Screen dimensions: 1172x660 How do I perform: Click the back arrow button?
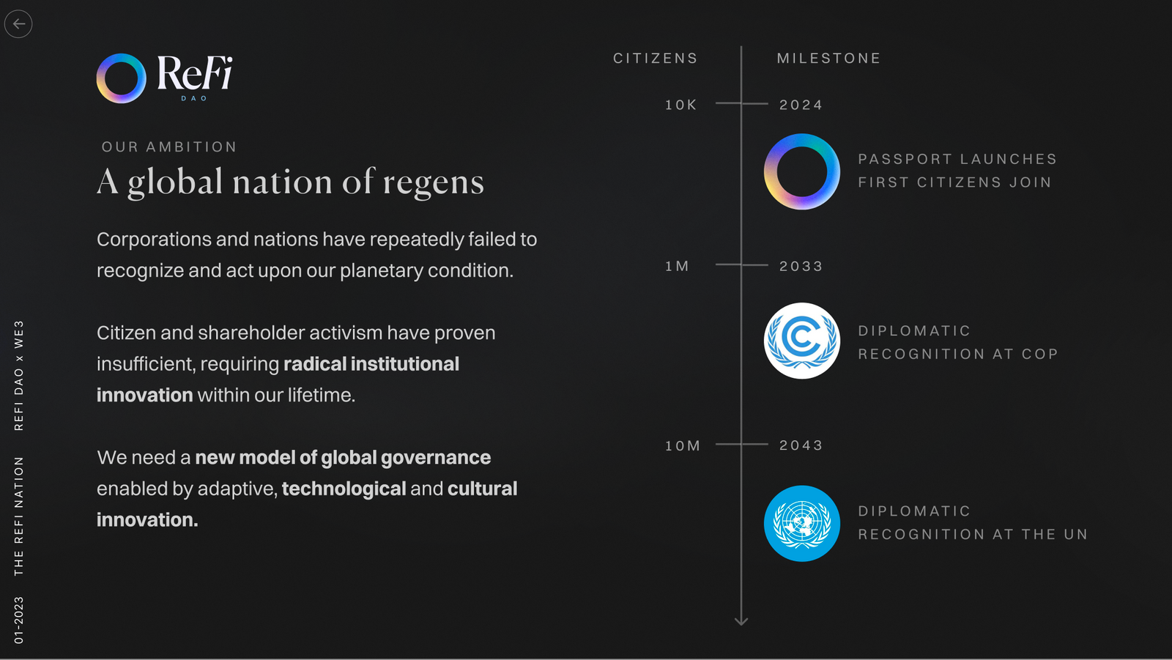[18, 24]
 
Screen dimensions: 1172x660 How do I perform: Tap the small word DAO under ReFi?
[195, 98]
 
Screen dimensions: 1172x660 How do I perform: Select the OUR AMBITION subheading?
[169, 147]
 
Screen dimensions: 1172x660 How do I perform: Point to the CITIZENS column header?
[656, 58]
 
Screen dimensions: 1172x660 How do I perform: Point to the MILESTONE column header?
[828, 58]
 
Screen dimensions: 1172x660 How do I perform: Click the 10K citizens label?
[680, 105]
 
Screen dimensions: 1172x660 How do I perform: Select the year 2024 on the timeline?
[801, 105]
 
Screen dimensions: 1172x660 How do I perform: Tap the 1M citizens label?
[677, 267]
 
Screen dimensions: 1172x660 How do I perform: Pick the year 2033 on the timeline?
[801, 267]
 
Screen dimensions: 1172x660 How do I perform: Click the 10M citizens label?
[682, 446]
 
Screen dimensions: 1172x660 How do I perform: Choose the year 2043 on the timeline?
[801, 445]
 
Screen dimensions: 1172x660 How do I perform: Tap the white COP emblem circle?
[802, 341]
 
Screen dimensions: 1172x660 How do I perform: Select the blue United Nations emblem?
[802, 524]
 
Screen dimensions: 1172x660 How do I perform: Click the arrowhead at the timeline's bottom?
[741, 622]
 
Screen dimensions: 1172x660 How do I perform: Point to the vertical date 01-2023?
[19, 620]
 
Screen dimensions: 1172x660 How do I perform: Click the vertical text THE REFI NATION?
[19, 516]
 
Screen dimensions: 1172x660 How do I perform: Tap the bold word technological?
[344, 489]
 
